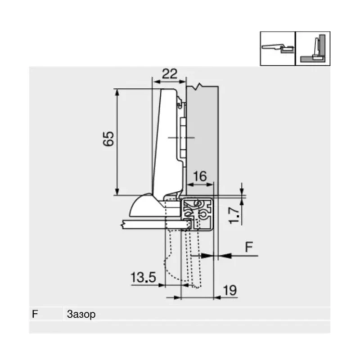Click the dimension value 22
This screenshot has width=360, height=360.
(x=169, y=74)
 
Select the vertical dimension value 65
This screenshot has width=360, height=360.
(x=108, y=139)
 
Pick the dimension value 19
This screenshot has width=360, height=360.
(x=229, y=290)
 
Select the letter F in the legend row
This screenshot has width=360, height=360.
(x=35, y=314)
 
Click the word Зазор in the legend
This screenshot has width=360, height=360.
(x=81, y=314)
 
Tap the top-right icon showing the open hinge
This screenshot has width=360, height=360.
(x=277, y=49)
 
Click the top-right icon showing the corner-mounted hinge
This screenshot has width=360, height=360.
(x=312, y=49)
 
